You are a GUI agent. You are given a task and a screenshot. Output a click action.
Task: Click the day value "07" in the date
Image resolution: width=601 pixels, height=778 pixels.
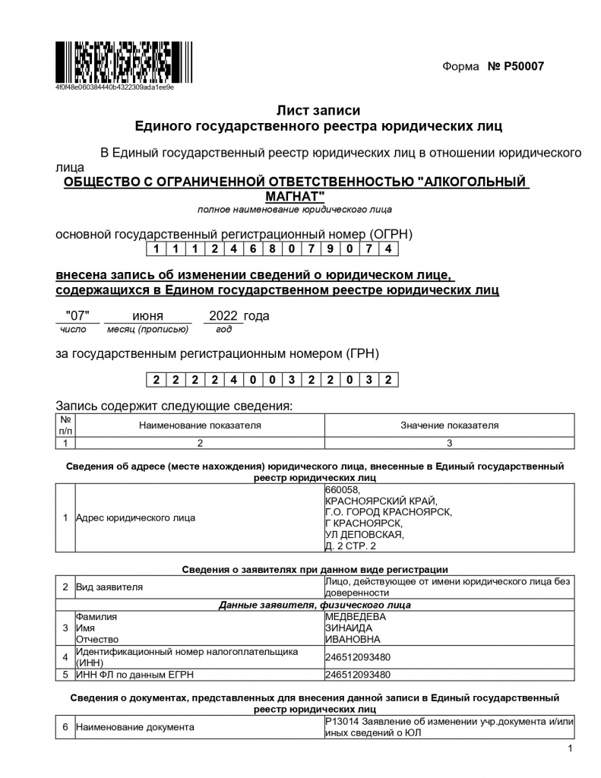tap(79, 315)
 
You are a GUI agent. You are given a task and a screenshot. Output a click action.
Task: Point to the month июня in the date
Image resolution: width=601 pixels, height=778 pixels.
tap(147, 315)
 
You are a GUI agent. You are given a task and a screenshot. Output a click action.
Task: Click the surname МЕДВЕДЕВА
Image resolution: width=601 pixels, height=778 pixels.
tap(356, 617)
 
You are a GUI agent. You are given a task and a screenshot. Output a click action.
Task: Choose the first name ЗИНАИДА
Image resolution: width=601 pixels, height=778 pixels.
tap(349, 628)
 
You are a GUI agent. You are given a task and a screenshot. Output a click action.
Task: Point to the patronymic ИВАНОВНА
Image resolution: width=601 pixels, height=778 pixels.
tap(353, 640)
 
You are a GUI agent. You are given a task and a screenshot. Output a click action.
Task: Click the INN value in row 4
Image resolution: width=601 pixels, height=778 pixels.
tap(358, 657)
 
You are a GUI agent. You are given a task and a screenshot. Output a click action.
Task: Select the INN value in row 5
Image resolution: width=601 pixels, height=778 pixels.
tap(358, 674)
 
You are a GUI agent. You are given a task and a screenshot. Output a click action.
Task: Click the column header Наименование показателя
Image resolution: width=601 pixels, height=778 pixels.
tap(200, 425)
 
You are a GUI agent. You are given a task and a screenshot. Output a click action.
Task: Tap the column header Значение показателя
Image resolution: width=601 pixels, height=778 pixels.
tap(450, 425)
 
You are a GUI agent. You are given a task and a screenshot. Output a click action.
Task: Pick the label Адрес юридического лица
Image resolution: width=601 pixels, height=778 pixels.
tap(135, 518)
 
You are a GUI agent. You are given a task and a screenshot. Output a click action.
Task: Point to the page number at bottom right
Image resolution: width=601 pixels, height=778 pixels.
tap(570, 750)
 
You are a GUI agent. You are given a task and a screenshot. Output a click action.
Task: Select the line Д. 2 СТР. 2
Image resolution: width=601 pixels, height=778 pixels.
tap(350, 546)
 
